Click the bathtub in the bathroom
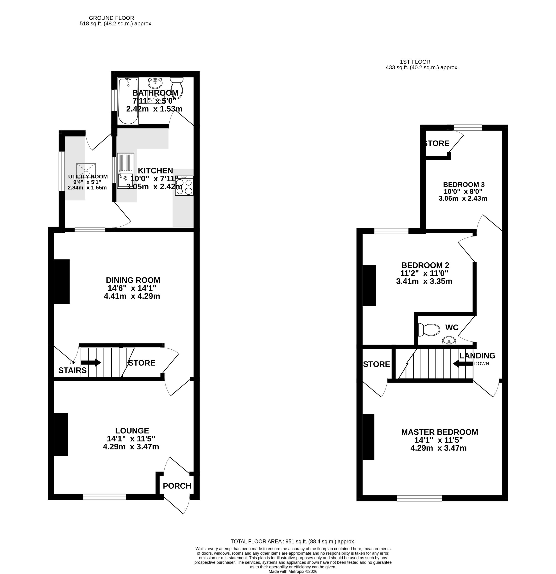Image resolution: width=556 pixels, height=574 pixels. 128,101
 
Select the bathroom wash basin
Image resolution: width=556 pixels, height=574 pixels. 155,83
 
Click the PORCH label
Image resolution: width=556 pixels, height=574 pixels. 177,486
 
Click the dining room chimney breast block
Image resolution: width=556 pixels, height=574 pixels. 62,282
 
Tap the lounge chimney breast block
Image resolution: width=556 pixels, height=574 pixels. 61,434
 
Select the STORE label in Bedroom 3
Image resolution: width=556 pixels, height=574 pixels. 437,143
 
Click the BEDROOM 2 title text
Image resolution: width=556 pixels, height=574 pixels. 425,265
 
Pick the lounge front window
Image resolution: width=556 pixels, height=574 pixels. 105,497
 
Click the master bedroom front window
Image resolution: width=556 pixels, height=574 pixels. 419,498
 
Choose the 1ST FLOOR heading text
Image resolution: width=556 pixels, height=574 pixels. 415,62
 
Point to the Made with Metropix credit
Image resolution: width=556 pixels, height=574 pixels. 293,571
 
